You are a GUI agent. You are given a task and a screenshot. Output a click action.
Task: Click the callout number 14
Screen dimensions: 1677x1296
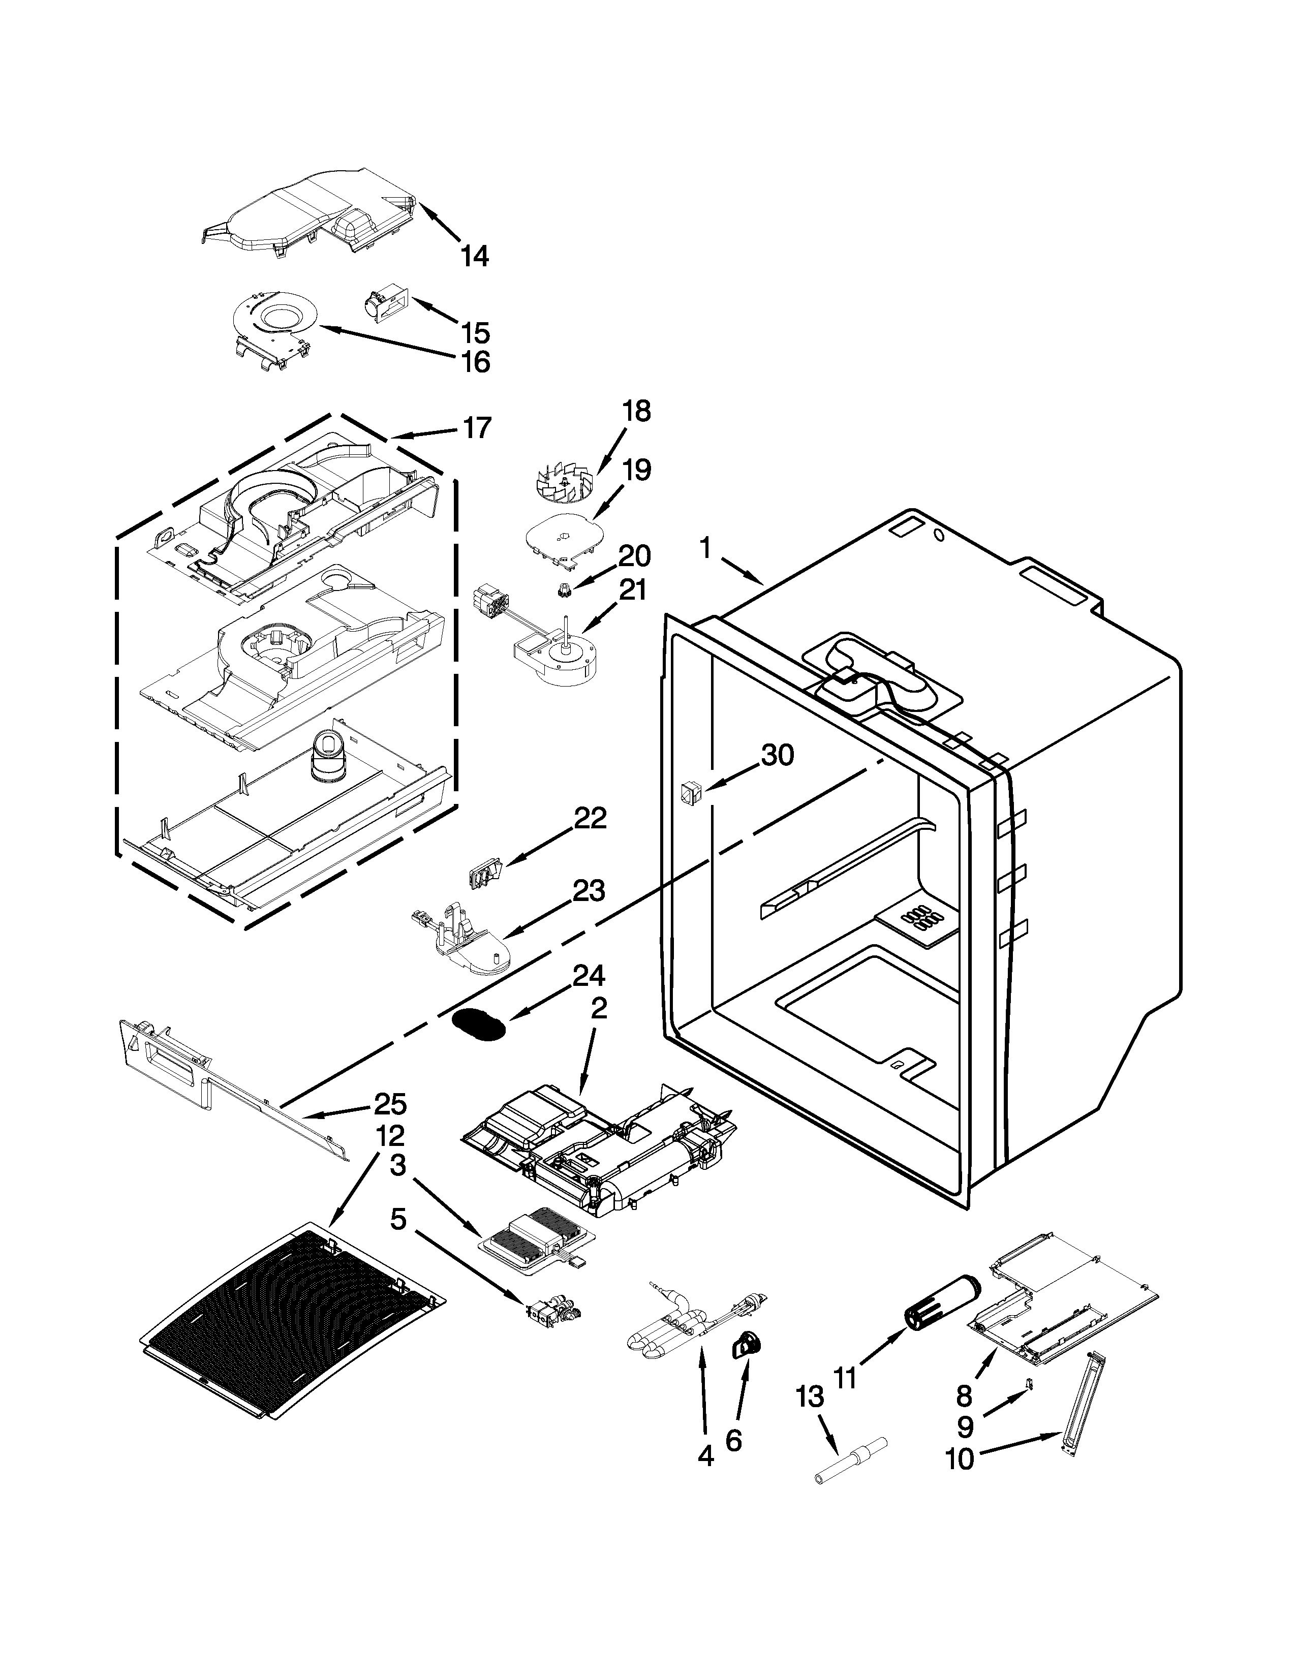tap(475, 256)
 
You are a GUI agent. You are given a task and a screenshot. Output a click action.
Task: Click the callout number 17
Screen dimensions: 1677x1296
tap(477, 428)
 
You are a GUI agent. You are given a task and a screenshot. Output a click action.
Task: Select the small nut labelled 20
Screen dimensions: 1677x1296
tap(564, 591)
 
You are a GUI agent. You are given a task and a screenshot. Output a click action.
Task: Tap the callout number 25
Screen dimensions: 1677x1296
tap(390, 1104)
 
